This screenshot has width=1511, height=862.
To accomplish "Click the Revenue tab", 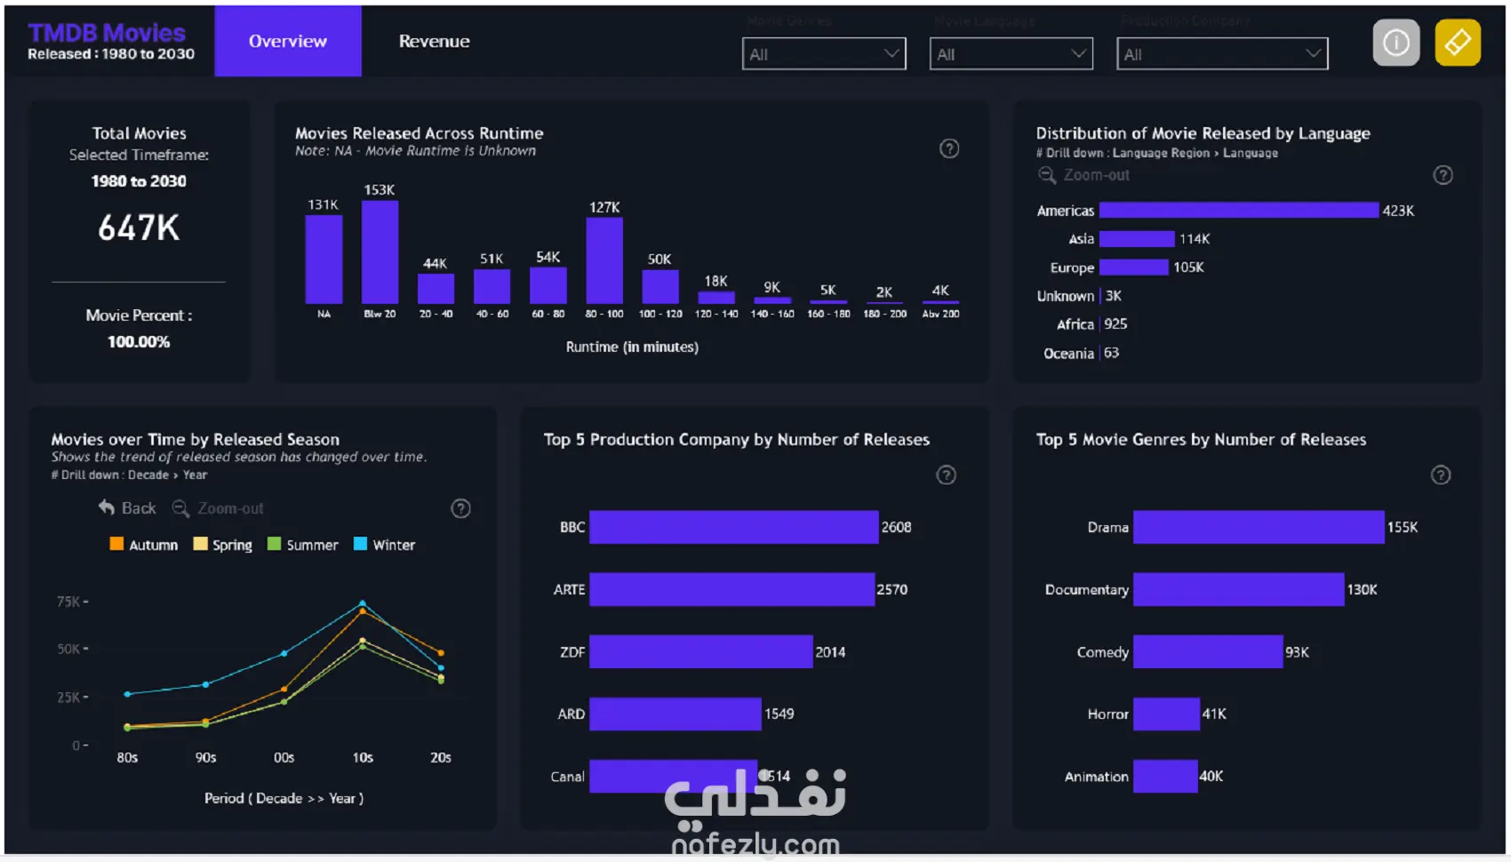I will coord(434,41).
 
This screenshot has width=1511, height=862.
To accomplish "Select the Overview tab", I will coord(287,41).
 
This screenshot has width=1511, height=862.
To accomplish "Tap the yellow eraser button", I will coord(1457,42).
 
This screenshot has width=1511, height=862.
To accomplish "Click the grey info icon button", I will coord(1395,42).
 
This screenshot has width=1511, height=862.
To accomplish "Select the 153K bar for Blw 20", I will coord(380,252).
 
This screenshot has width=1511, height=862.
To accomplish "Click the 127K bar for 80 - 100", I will coord(604,261).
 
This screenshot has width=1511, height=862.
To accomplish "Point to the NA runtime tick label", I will coord(324,314).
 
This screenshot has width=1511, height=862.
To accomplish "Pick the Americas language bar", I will coord(1238,211).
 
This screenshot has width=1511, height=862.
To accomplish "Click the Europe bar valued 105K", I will coord(1133,267).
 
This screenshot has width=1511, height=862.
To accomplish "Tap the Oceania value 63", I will coord(1111,353).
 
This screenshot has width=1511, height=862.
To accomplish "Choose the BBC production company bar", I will coord(733,527).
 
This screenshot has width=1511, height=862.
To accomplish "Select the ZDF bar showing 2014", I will coord(700,651).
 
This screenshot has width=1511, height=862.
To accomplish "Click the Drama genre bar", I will coord(1258,527).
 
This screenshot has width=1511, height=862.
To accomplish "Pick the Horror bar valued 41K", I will coord(1166,714).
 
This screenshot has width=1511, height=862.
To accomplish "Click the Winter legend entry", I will coord(385,545).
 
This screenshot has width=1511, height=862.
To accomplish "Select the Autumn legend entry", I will coord(144,545).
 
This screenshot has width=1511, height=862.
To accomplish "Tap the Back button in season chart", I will coord(127,508).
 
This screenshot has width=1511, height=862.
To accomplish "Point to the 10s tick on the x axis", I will coord(363,758).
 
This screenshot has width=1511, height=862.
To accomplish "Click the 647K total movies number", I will coord(139,227).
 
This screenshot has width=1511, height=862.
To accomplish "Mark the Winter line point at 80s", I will coord(127,694).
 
